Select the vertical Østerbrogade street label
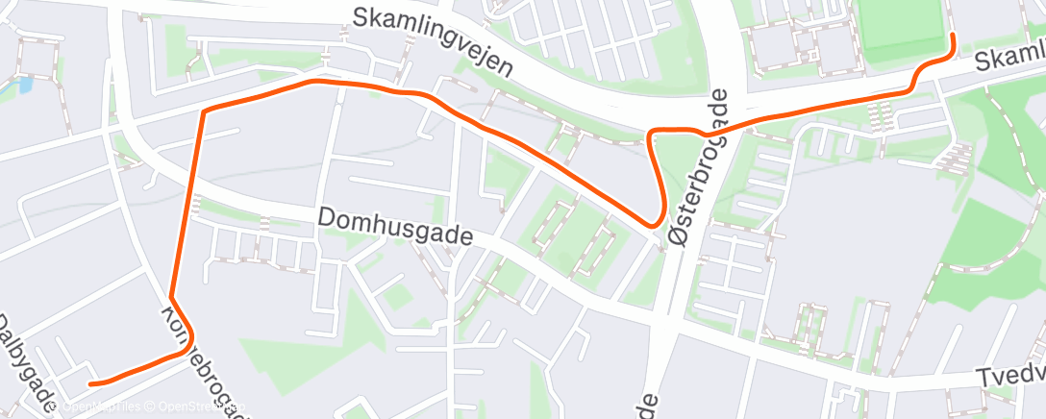click(698, 168)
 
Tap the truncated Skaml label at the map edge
click(1009, 61)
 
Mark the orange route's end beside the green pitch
click(952, 36)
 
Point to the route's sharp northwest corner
click(204, 111)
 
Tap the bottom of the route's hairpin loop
click(657, 224)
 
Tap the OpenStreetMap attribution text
click(202, 407)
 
